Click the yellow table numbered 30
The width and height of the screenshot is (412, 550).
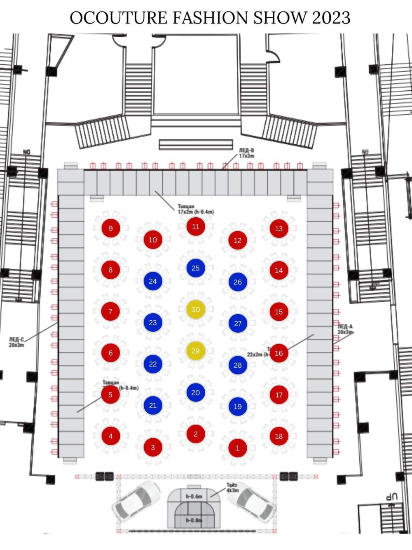coord(196,310)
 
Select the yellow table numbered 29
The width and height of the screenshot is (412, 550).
coord(196,351)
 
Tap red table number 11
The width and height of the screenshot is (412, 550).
coord(196,227)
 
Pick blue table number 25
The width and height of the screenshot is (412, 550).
coord(196,268)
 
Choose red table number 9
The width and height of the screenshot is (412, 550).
coord(110,228)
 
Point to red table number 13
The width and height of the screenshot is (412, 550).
coord(279,229)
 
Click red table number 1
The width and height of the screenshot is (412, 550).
coord(237,448)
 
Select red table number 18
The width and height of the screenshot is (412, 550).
coord(279,436)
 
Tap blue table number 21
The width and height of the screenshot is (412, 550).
coord(153,406)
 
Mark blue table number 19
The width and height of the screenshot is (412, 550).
coord(238,407)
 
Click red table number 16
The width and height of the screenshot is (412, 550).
coord(279,353)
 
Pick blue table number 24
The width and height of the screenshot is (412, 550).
coord(153,281)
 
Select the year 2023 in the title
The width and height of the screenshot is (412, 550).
coord(331,18)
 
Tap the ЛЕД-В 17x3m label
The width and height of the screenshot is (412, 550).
coord(246,153)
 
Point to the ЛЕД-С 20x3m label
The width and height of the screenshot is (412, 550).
coord(16,342)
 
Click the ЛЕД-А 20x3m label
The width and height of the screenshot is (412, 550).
coord(345,329)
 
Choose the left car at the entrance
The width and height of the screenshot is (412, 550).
coord(137,500)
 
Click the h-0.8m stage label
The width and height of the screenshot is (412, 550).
coord(194,520)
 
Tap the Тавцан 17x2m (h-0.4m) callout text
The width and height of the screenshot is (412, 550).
coord(195,209)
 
